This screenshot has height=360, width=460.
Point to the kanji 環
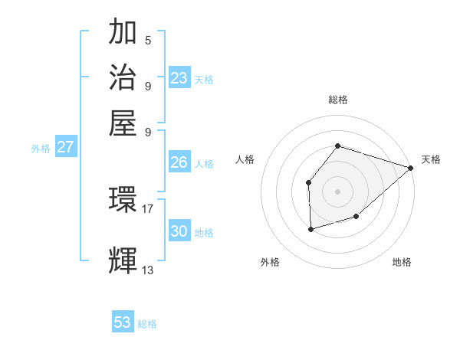pyautogui.click(x=123, y=201)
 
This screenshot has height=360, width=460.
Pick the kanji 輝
pyautogui.click(x=123, y=260)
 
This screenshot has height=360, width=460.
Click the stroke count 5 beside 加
pyautogui.click(x=148, y=41)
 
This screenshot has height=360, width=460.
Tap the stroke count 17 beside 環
pyautogui.click(x=148, y=208)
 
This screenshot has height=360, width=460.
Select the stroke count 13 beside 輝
pyautogui.click(x=148, y=270)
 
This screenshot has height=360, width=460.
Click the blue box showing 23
pyautogui.click(x=179, y=78)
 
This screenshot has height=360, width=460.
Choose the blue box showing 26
pyautogui.click(x=179, y=162)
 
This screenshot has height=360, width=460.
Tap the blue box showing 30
pyautogui.click(x=179, y=231)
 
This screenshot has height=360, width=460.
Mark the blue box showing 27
pyautogui.click(x=65, y=147)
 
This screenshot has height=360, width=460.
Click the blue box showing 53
pyautogui.click(x=123, y=322)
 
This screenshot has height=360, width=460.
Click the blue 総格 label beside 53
pyautogui.click(x=147, y=324)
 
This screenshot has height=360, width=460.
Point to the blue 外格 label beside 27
pyautogui.click(x=41, y=149)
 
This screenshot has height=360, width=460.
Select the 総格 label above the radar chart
pyautogui.click(x=337, y=100)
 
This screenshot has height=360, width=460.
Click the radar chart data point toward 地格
pyautogui.click(x=356, y=217)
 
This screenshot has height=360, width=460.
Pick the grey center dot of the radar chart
pyautogui.click(x=337, y=190)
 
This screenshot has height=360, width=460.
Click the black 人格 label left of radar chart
pyautogui.click(x=245, y=159)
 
